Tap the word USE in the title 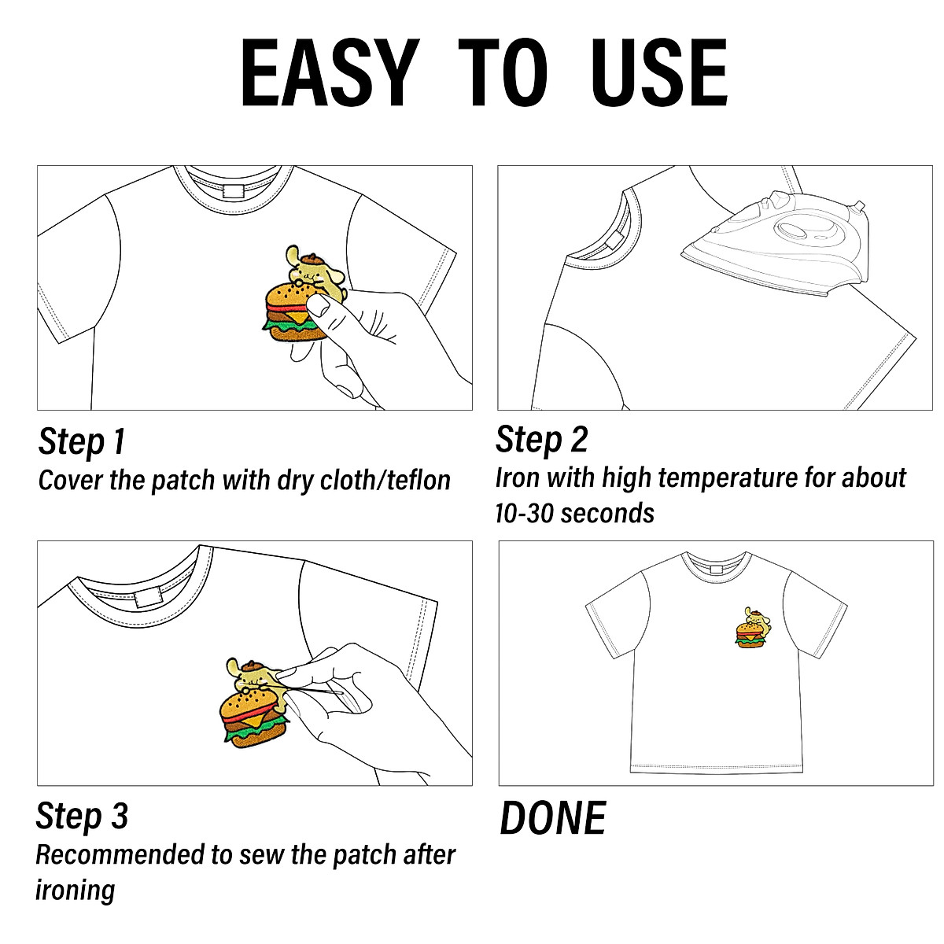[658, 72]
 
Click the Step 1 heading [82, 441]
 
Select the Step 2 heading [541, 440]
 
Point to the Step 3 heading [82, 817]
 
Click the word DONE [552, 819]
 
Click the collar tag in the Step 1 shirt [234, 191]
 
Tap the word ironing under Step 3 [76, 891]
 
